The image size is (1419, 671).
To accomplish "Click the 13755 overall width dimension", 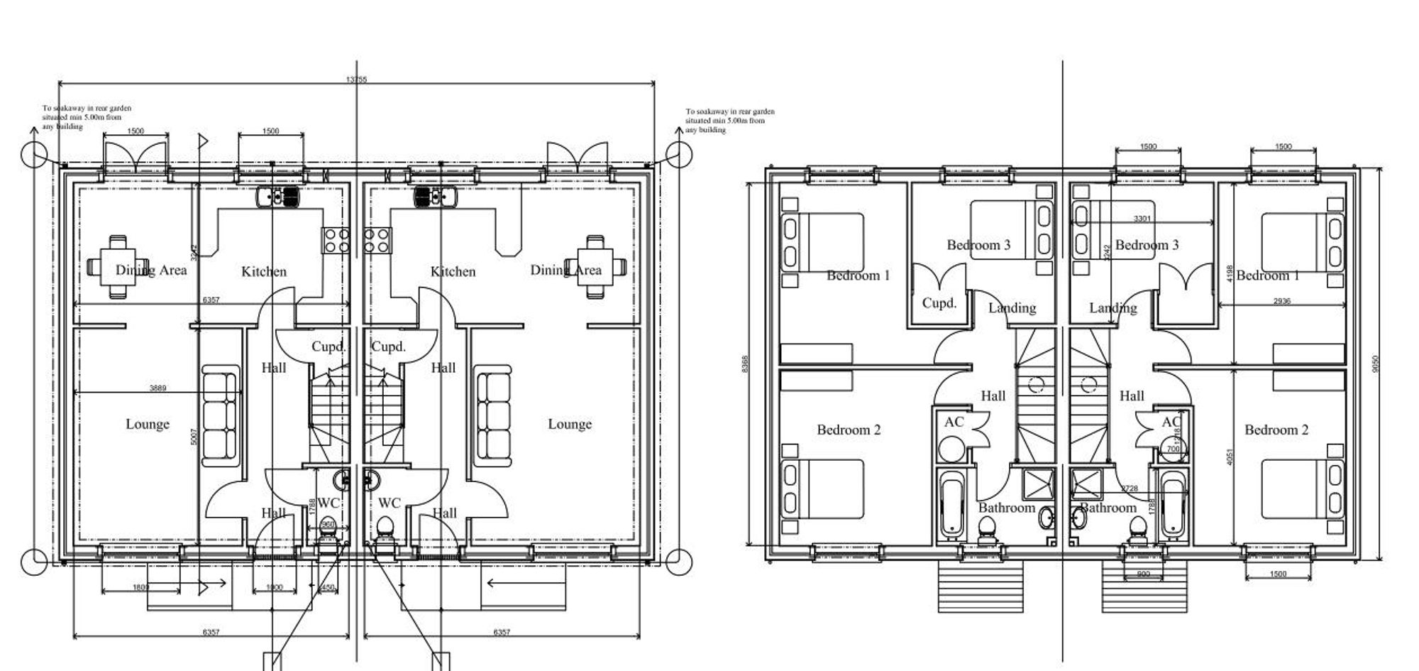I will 357,80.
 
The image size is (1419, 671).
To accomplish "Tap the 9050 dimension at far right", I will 1376,364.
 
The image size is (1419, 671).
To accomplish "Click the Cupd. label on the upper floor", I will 939,303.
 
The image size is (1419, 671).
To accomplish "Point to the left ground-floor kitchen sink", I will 278,197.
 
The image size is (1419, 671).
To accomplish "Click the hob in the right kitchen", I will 377,240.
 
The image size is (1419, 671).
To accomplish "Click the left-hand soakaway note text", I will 87,117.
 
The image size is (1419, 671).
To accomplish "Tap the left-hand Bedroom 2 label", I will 849,430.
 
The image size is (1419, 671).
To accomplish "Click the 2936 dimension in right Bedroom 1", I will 1281,301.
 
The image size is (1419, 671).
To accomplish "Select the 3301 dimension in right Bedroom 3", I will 1142,219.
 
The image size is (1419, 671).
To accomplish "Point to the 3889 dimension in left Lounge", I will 158,388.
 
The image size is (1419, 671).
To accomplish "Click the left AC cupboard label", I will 954,422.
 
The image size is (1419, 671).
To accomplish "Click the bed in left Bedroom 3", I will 1012,229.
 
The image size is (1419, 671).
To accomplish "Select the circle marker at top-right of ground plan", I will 679,153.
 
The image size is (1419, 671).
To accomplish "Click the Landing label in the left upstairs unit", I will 1012,307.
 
